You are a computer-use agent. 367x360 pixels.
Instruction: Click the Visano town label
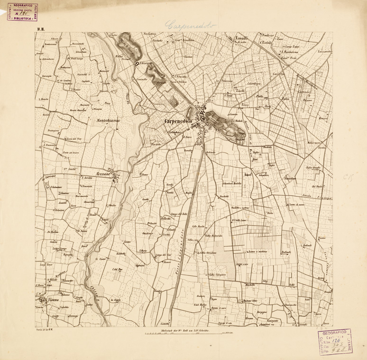pyautogui.click(x=45, y=300)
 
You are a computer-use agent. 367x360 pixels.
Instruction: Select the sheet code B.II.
pyautogui.click(x=39, y=29)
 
